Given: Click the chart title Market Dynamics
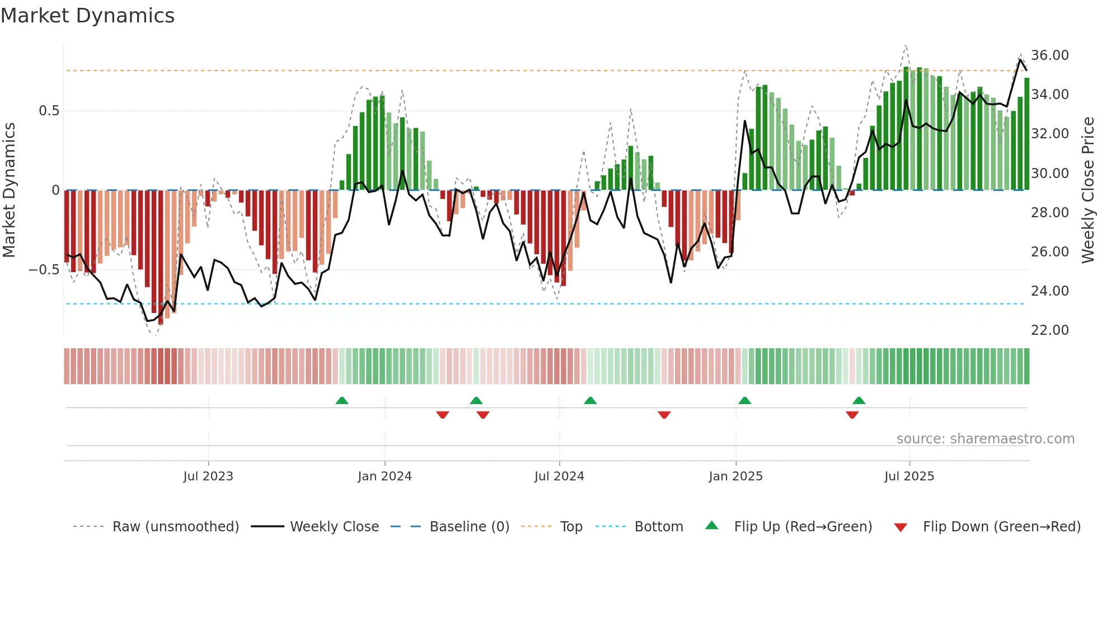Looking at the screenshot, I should point(87,16).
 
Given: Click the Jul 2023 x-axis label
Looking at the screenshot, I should point(208,476).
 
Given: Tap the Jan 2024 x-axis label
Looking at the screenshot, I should point(385,476).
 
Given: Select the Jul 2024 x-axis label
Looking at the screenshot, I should point(559,476).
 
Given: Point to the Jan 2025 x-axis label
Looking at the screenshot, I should point(735,476).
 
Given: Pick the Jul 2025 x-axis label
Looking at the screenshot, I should point(909,476).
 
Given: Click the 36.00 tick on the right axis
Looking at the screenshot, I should point(1049,55).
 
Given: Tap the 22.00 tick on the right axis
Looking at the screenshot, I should point(1049,330).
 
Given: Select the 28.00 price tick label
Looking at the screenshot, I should point(1049,213).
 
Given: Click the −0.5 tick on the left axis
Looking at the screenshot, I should point(44,270).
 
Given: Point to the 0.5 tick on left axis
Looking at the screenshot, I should point(49,111).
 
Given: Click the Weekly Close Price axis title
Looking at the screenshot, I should point(1087,190).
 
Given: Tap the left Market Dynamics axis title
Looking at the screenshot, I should point(9,190).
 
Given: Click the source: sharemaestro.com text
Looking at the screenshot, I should point(985,439).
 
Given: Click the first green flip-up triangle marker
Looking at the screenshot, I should point(341,400).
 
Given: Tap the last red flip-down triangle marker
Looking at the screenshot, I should point(852,415).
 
